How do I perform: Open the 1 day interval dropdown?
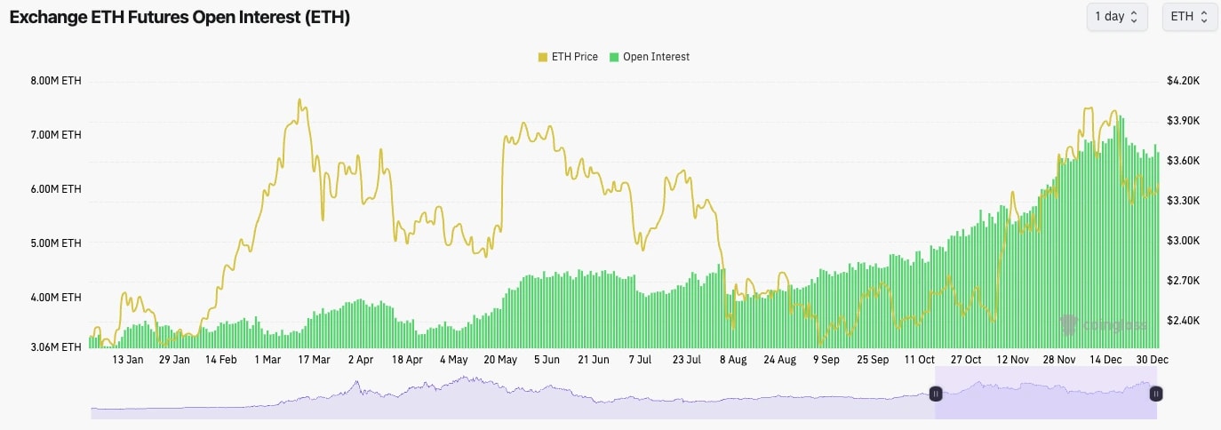click(x=1116, y=17)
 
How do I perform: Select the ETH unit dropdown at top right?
click(x=1189, y=17)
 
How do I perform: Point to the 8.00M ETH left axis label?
click(x=56, y=81)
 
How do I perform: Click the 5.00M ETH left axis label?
click(x=56, y=243)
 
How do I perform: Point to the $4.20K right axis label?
click(x=1184, y=81)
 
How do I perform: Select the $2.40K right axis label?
click(x=1184, y=321)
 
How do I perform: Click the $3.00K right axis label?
click(x=1184, y=241)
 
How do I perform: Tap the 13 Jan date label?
click(x=128, y=360)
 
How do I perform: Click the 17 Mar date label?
click(x=314, y=360)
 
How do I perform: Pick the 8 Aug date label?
click(x=733, y=360)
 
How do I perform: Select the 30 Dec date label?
click(x=1152, y=360)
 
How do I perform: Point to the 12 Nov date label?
click(x=1012, y=360)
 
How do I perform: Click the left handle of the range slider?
click(x=936, y=394)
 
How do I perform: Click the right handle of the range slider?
click(x=1155, y=394)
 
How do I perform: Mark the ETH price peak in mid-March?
click(x=299, y=100)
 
